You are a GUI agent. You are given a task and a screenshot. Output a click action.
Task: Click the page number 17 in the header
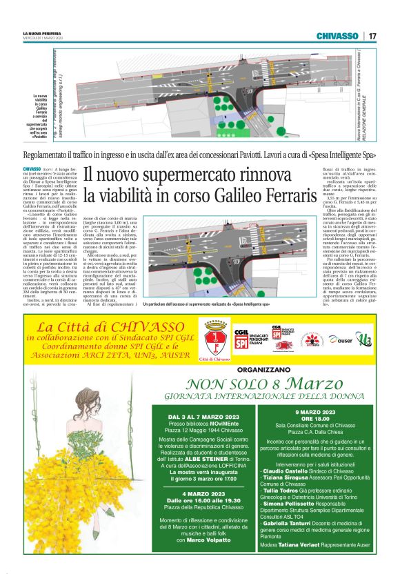point(372,35)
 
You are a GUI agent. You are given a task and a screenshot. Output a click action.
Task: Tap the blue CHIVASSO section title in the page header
point(337,35)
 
